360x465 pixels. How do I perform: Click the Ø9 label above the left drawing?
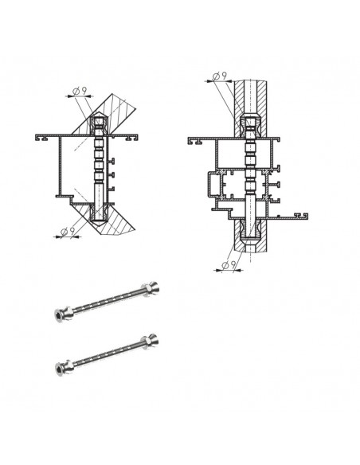pyautogui.click(x=80, y=91)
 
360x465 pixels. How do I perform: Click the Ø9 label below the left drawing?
pyautogui.click(x=68, y=231)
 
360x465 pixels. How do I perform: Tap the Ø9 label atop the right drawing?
pyautogui.click(x=220, y=76)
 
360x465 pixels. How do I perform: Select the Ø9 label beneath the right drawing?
pyautogui.click(x=229, y=264)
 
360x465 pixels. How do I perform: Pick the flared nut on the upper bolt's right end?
pyautogui.click(x=151, y=287)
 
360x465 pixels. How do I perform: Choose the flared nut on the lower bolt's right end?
pyautogui.click(x=151, y=341)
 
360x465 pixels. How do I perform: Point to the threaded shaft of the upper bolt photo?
pyautogui.click(x=108, y=301)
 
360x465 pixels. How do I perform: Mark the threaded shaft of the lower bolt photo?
pyautogui.click(x=108, y=354)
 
